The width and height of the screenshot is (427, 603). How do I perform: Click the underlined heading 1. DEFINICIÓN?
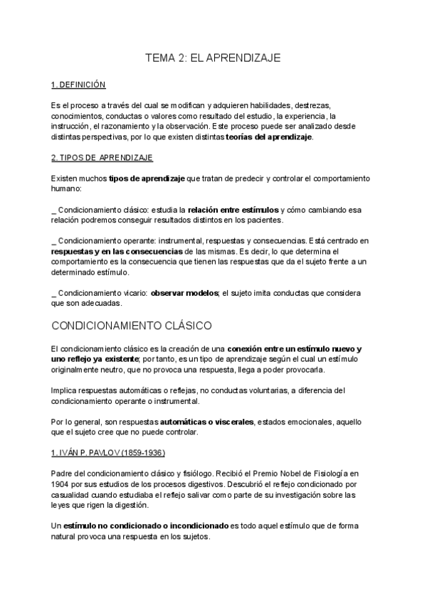(78, 85)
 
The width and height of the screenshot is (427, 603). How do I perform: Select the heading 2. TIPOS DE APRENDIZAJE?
(102, 156)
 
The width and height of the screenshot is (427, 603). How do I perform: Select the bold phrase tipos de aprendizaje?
(147, 177)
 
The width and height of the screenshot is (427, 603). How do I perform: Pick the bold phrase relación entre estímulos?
(233, 210)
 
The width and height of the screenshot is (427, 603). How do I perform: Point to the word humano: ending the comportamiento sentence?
(68, 190)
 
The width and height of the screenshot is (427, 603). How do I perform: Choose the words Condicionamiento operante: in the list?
(104, 241)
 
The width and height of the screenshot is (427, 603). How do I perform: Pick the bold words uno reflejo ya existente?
(91, 360)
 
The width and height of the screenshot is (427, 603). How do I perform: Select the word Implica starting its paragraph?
(64, 390)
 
